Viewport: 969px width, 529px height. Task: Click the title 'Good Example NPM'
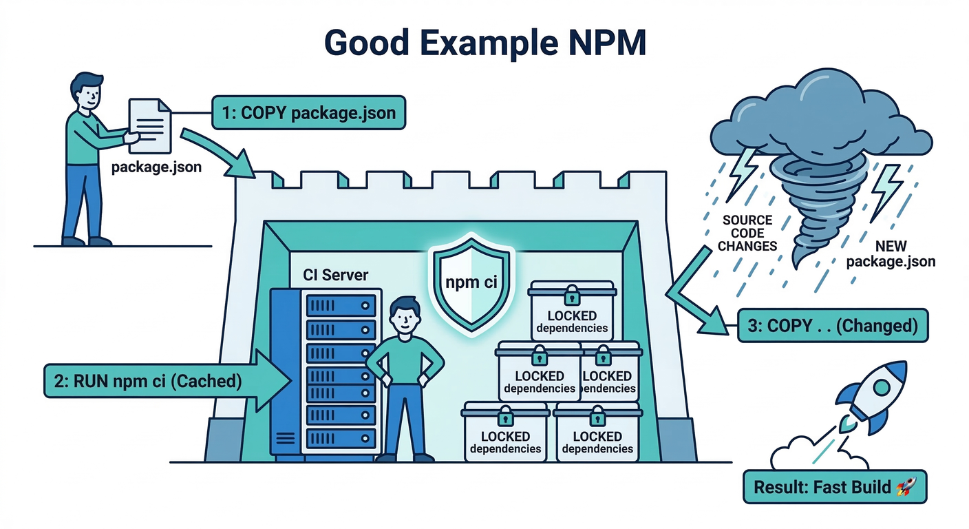click(484, 43)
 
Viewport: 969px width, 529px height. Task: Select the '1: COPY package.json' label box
click(308, 112)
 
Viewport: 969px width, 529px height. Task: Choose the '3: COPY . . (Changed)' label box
click(832, 326)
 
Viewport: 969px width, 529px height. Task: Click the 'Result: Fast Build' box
click(835, 488)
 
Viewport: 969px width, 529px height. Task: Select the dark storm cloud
click(819, 114)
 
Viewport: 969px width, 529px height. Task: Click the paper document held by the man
click(150, 124)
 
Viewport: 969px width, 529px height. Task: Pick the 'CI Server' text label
click(335, 275)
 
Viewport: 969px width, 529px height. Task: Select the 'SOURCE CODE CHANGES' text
click(747, 233)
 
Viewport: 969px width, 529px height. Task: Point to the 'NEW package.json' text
click(891, 253)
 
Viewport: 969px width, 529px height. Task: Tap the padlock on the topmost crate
click(571, 295)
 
